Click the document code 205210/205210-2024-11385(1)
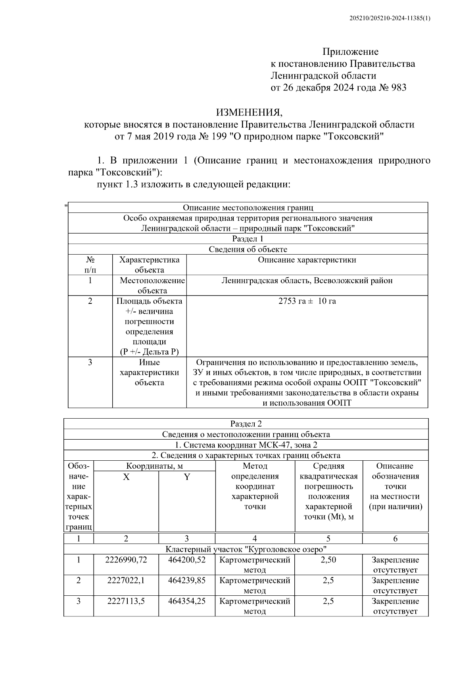(x=390, y=18)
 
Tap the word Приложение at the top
(x=350, y=52)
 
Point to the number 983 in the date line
(x=398, y=88)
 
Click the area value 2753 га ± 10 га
(x=307, y=301)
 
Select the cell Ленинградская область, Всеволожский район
(x=307, y=280)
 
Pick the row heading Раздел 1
(x=248, y=239)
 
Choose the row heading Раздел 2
(x=246, y=424)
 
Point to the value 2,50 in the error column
(x=328, y=560)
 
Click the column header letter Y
(x=187, y=477)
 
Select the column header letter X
(x=126, y=477)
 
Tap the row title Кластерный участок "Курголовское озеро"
(x=246, y=549)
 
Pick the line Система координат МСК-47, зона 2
(x=246, y=445)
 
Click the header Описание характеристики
(x=307, y=260)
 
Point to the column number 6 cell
(x=395, y=539)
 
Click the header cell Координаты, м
(x=155, y=466)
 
